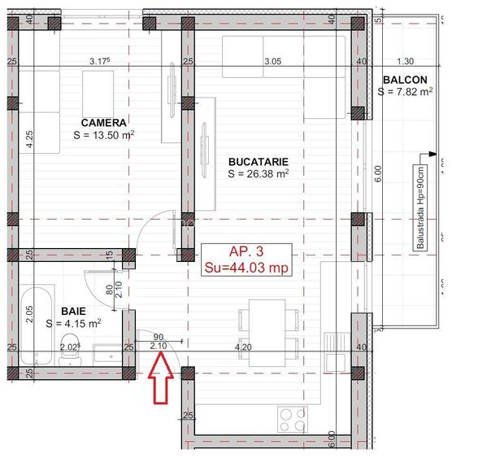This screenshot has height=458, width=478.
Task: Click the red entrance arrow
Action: click(x=159, y=383)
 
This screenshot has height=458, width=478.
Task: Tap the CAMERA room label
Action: click(x=103, y=122)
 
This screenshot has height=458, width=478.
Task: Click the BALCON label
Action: click(x=404, y=79)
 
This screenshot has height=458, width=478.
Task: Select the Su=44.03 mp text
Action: click(x=246, y=267)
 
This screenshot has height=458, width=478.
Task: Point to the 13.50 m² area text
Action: click(x=103, y=135)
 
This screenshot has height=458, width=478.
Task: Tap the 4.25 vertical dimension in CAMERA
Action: click(x=29, y=139)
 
